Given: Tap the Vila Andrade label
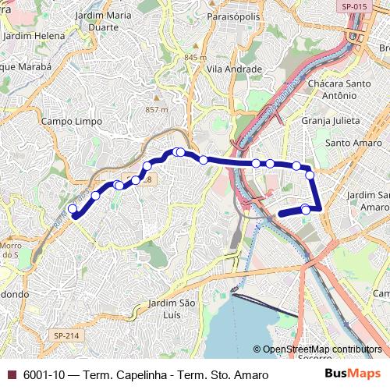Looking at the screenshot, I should [232, 69].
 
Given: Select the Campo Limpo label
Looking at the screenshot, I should [67, 122].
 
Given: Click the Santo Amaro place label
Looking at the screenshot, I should [353, 143].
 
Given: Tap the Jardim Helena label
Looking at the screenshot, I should [34, 35].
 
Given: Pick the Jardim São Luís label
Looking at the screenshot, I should [171, 308].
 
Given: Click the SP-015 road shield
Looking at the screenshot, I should [354, 6].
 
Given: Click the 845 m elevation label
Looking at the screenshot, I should [195, 58].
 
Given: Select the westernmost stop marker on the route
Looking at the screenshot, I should [73, 208].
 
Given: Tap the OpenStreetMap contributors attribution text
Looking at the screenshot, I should [322, 349].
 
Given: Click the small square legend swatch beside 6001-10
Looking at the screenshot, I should [10, 375].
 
